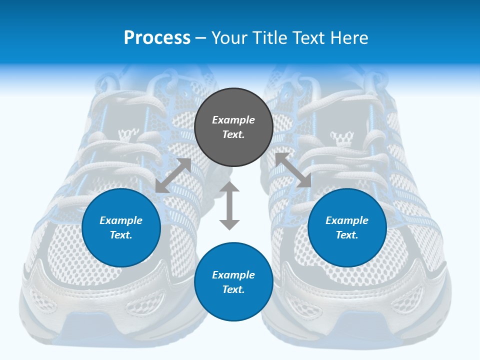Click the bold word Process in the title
pyautogui.click(x=157, y=38)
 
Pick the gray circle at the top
pyautogui.click(x=233, y=127)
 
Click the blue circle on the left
pyautogui.click(x=121, y=228)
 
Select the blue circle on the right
pyautogui.click(x=347, y=228)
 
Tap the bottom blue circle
pyautogui.click(x=233, y=282)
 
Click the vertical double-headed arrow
pyautogui.click(x=229, y=205)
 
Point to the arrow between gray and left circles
pyautogui.click(x=173, y=175)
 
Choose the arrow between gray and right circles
pyautogui.click(x=293, y=170)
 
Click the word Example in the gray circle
pyautogui.click(x=233, y=120)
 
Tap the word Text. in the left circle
pyautogui.click(x=121, y=235)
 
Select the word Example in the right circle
pyautogui.click(x=347, y=220)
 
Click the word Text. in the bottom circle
pyautogui.click(x=233, y=289)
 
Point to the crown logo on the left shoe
pyautogui.click(x=124, y=135)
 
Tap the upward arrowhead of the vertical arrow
pyautogui.click(x=229, y=187)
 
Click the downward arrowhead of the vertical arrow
pyautogui.click(x=229, y=224)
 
